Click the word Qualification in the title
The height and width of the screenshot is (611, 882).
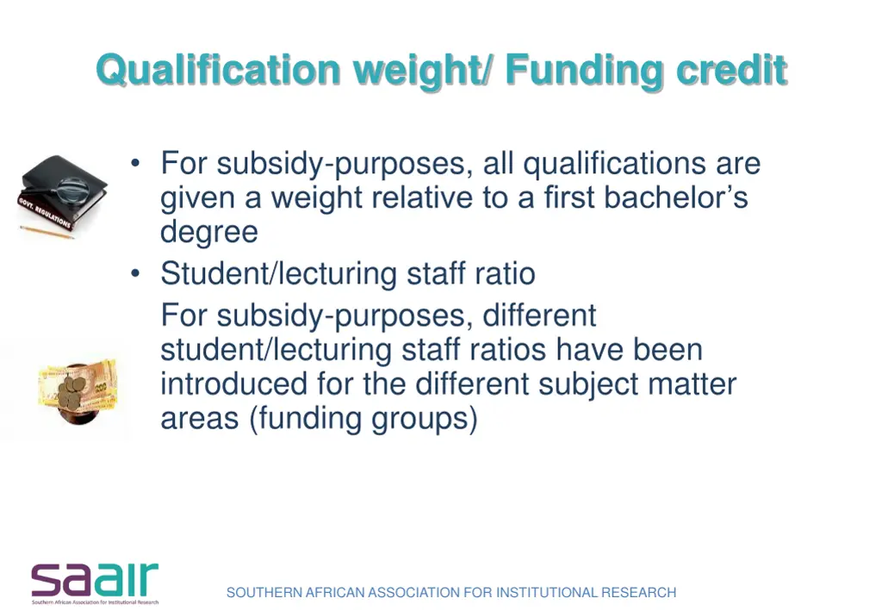(x=219, y=70)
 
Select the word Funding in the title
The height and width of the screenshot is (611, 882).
(x=584, y=70)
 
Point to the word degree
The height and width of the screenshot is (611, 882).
(x=209, y=232)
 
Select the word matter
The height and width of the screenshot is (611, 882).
(x=692, y=383)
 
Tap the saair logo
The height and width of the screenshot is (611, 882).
(x=95, y=583)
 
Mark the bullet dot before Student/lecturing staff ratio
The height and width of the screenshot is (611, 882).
(x=136, y=274)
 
